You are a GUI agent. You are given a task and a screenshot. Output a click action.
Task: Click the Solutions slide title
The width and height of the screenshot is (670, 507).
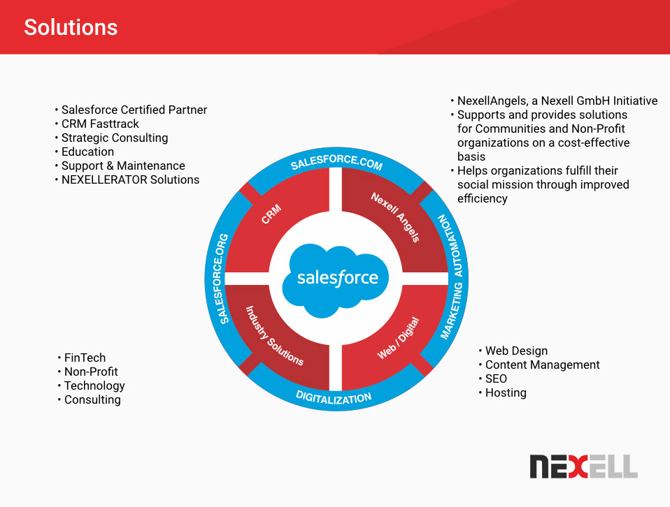tap(71, 27)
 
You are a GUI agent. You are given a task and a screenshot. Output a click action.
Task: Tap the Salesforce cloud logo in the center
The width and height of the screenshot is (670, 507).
tap(337, 277)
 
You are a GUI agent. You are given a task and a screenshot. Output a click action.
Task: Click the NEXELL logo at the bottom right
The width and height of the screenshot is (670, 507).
tap(583, 466)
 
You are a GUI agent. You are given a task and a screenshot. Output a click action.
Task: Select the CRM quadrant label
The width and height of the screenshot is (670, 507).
tap(271, 214)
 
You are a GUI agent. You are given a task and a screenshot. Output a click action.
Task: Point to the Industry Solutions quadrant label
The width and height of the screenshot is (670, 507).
tap(273, 336)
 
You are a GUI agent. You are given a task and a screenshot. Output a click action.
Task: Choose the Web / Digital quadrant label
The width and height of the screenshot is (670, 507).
tap(398, 338)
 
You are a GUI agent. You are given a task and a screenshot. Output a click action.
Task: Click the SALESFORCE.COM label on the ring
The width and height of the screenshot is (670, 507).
tap(336, 163)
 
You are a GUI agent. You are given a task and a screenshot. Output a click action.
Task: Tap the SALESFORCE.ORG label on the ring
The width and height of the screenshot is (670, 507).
tap(223, 279)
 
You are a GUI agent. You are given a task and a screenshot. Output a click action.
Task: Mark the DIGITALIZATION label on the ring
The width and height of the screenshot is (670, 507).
tap(334, 398)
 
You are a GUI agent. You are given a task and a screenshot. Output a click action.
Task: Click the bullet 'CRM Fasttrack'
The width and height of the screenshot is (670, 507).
tap(100, 124)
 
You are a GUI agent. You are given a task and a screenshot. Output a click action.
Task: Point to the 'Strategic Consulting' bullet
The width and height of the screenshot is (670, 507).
tap(115, 138)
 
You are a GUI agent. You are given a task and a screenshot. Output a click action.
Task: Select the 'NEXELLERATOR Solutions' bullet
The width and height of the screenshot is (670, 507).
tap(130, 179)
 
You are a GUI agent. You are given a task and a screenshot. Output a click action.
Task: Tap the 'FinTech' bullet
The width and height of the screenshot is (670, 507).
tap(85, 358)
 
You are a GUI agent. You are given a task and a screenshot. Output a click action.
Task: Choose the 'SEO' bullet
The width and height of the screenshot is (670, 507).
tap(496, 379)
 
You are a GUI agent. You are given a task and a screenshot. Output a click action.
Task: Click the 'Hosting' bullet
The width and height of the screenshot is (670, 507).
tap(506, 392)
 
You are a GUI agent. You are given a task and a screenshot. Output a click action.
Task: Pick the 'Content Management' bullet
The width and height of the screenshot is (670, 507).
tap(542, 365)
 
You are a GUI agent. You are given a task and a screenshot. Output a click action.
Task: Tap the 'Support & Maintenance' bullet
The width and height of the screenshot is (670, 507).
tap(123, 166)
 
